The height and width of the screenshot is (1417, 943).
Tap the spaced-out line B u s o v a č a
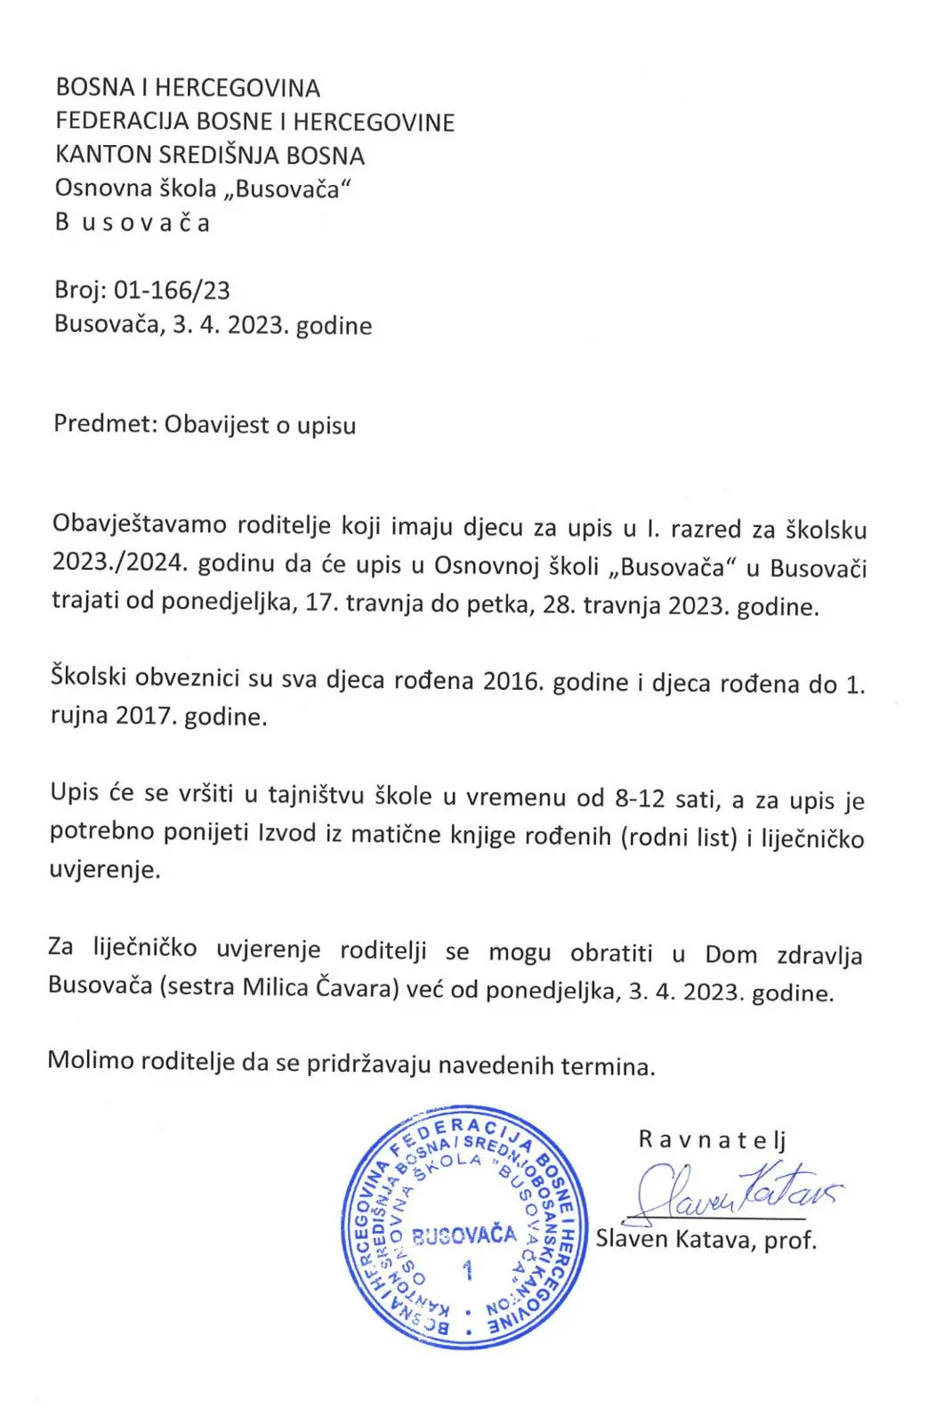[133, 223]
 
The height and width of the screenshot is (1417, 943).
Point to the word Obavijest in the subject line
[215, 425]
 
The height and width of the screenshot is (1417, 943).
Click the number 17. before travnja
[320, 605]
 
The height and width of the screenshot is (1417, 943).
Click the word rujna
[79, 717]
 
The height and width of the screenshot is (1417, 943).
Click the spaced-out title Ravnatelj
[712, 1140]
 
